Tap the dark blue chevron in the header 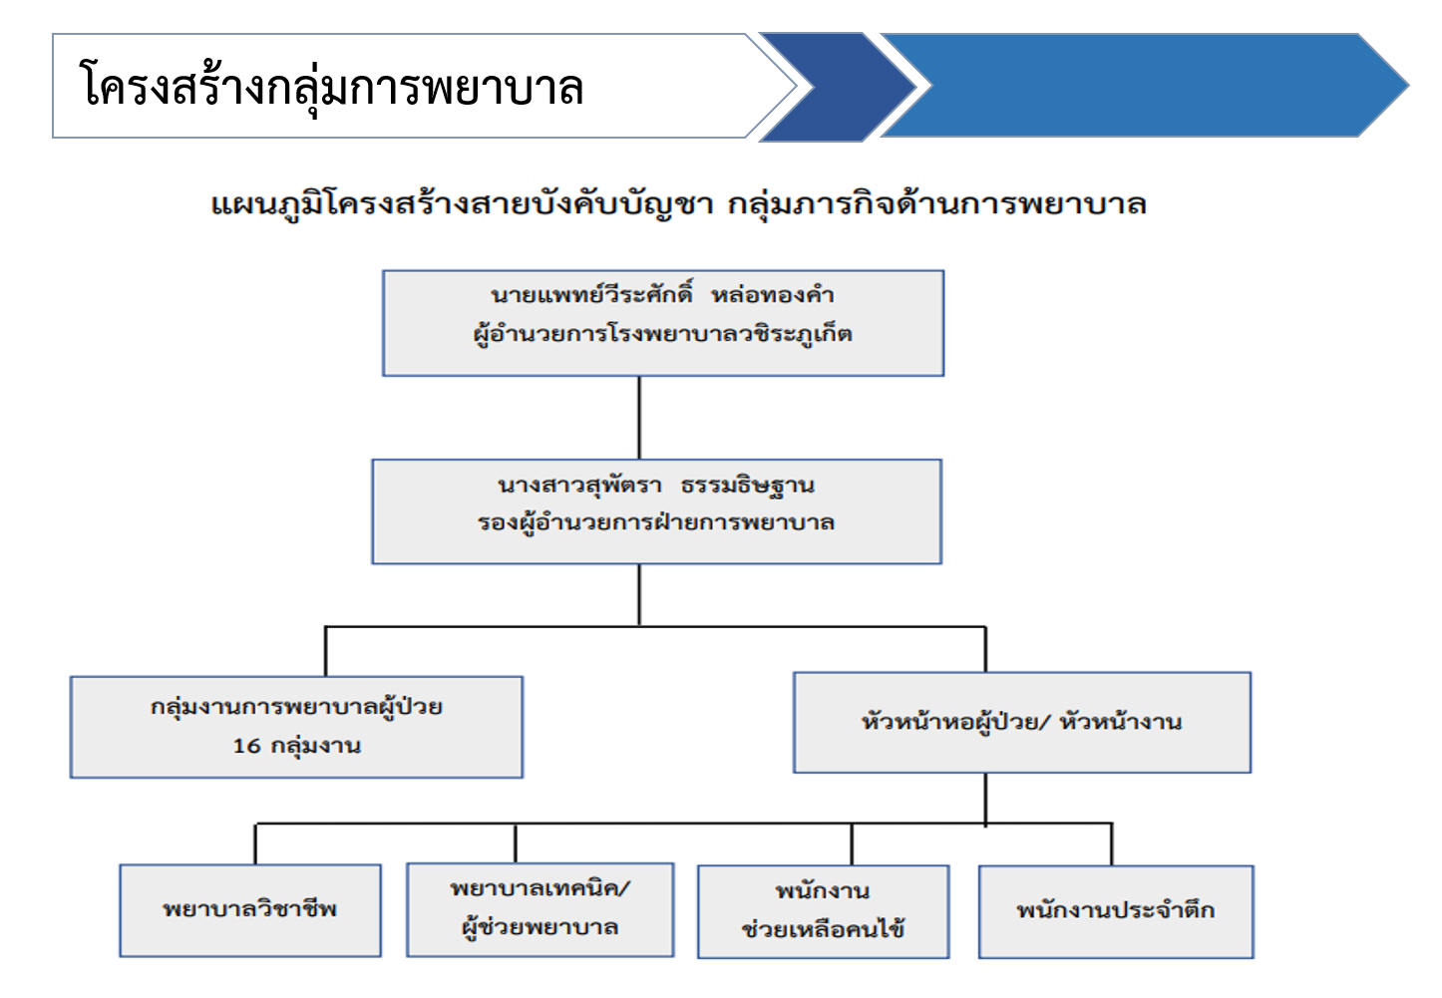(x=838, y=86)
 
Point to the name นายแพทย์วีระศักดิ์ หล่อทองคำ (x=662, y=295)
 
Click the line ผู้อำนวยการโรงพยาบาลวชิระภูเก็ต (x=662, y=334)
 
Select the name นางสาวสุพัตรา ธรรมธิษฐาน (x=656, y=486)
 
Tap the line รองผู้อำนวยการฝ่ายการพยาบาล (x=656, y=522)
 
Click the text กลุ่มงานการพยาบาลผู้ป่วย (x=297, y=707)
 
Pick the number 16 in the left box (x=246, y=746)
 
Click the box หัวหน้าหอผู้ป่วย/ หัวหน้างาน (x=1022, y=722)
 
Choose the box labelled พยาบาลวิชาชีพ (x=250, y=910)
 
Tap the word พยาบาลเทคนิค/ (x=541, y=888)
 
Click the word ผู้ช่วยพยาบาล (x=541, y=927)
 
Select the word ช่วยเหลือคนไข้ (x=824, y=929)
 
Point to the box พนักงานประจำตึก (x=1116, y=912)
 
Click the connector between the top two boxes (x=639, y=418)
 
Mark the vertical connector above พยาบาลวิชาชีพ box (x=255, y=844)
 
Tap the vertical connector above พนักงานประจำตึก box (x=1112, y=844)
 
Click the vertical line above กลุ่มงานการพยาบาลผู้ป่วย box (x=326, y=651)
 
